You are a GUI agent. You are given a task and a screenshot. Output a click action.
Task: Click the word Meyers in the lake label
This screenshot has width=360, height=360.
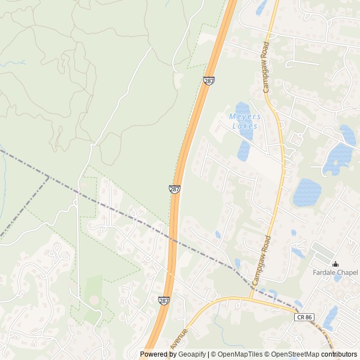tap(245, 116)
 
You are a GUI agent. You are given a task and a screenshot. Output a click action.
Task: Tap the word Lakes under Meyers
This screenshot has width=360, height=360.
tap(245, 126)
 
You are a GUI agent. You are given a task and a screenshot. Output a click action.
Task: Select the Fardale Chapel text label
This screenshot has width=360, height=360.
tap(335, 273)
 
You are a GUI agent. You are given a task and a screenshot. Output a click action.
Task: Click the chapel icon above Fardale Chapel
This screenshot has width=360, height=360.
tap(335, 264)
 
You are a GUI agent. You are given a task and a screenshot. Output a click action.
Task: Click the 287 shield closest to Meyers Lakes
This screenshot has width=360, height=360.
tap(209, 81)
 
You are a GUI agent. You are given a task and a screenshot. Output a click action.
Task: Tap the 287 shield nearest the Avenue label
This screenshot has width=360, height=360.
tap(164, 301)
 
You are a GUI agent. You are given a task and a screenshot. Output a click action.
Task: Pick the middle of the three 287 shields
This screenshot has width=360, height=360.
tap(174, 190)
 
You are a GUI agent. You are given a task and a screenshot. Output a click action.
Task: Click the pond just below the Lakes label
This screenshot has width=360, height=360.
tap(244, 150)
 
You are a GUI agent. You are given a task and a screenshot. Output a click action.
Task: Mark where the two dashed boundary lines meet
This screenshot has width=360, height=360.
tap(49, 177)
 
